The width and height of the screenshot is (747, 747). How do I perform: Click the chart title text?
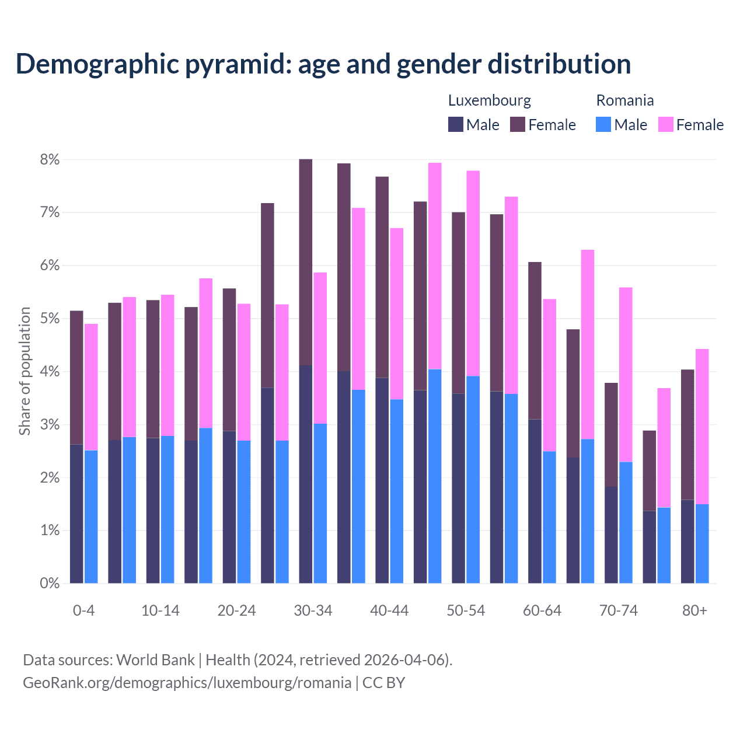pyautogui.click(x=323, y=64)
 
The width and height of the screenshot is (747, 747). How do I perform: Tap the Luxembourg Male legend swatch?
pyautogui.click(x=456, y=124)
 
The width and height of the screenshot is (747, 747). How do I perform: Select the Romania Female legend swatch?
pyautogui.click(x=665, y=124)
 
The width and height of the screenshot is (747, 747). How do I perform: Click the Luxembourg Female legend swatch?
pyautogui.click(x=518, y=124)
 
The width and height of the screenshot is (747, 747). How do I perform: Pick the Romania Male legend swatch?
pyautogui.click(x=603, y=124)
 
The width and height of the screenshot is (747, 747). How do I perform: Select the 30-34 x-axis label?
pyautogui.click(x=313, y=610)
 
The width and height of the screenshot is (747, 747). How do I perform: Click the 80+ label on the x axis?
pyautogui.click(x=694, y=610)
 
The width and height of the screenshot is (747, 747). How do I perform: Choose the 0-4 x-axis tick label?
pyautogui.click(x=83, y=610)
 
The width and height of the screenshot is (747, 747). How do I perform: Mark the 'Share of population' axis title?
pyautogui.click(x=25, y=371)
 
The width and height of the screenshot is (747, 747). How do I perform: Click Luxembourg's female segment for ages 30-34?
pyautogui.click(x=305, y=262)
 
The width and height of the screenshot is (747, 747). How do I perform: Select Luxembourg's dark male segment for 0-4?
pyautogui.click(x=76, y=514)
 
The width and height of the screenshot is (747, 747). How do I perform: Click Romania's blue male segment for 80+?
pyautogui.click(x=702, y=543)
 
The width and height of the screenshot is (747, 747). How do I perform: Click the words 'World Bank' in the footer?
pyautogui.click(x=155, y=660)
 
